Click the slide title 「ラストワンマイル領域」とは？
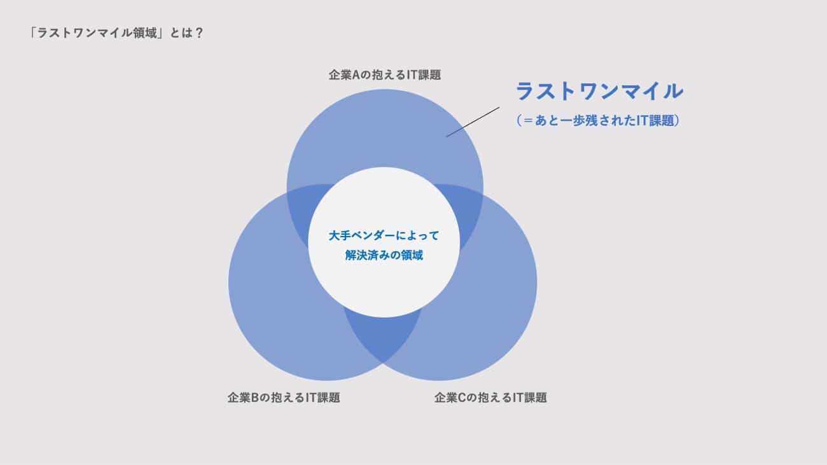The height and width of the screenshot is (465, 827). pyautogui.click(x=116, y=33)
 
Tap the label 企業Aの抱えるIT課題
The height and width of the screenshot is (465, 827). pyautogui.click(x=385, y=75)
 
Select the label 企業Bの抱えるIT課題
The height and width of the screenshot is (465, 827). pyautogui.click(x=284, y=398)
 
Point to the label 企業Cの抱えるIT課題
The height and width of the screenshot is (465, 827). pyautogui.click(x=490, y=398)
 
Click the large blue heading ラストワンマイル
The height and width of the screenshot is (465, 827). pyautogui.click(x=599, y=91)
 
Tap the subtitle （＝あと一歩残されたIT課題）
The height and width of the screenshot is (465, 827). pyautogui.click(x=597, y=120)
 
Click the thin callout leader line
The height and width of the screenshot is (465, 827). pyautogui.click(x=473, y=122)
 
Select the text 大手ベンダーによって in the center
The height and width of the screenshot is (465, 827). pyautogui.click(x=384, y=235)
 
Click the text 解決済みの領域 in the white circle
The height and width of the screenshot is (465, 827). pyautogui.click(x=384, y=255)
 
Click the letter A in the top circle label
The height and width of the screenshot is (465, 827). pyautogui.click(x=356, y=75)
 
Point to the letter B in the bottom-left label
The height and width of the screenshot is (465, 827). pyautogui.click(x=254, y=398)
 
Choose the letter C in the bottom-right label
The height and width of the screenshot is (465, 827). pyautogui.click(x=462, y=398)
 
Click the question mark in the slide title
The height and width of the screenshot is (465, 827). pyautogui.click(x=198, y=33)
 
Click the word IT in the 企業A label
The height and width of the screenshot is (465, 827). pyautogui.click(x=412, y=75)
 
